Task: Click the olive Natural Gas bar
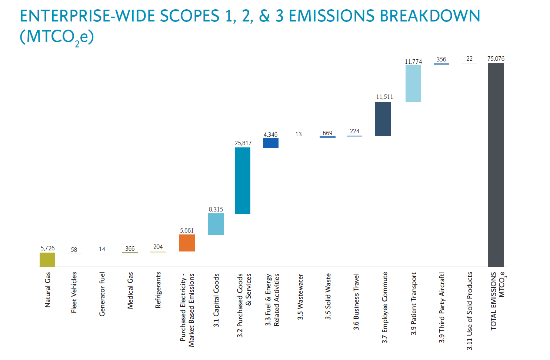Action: (x=47, y=260)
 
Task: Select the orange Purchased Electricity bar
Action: (x=187, y=243)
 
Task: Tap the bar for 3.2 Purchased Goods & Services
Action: (x=242, y=180)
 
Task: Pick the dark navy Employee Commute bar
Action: (x=383, y=119)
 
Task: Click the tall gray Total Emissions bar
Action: (x=496, y=165)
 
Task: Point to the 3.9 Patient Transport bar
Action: (x=413, y=83)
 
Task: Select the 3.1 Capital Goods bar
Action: (x=216, y=224)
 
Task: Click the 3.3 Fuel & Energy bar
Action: (x=270, y=143)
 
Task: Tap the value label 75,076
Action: (x=496, y=59)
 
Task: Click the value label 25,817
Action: (x=243, y=143)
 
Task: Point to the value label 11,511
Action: (x=384, y=97)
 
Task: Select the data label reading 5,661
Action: (x=187, y=230)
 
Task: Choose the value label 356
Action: (x=441, y=59)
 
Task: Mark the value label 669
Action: (x=327, y=133)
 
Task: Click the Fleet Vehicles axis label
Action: (x=74, y=292)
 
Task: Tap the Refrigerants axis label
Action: (x=158, y=290)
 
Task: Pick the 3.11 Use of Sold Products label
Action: (x=469, y=311)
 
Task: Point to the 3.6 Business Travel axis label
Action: (x=356, y=301)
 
